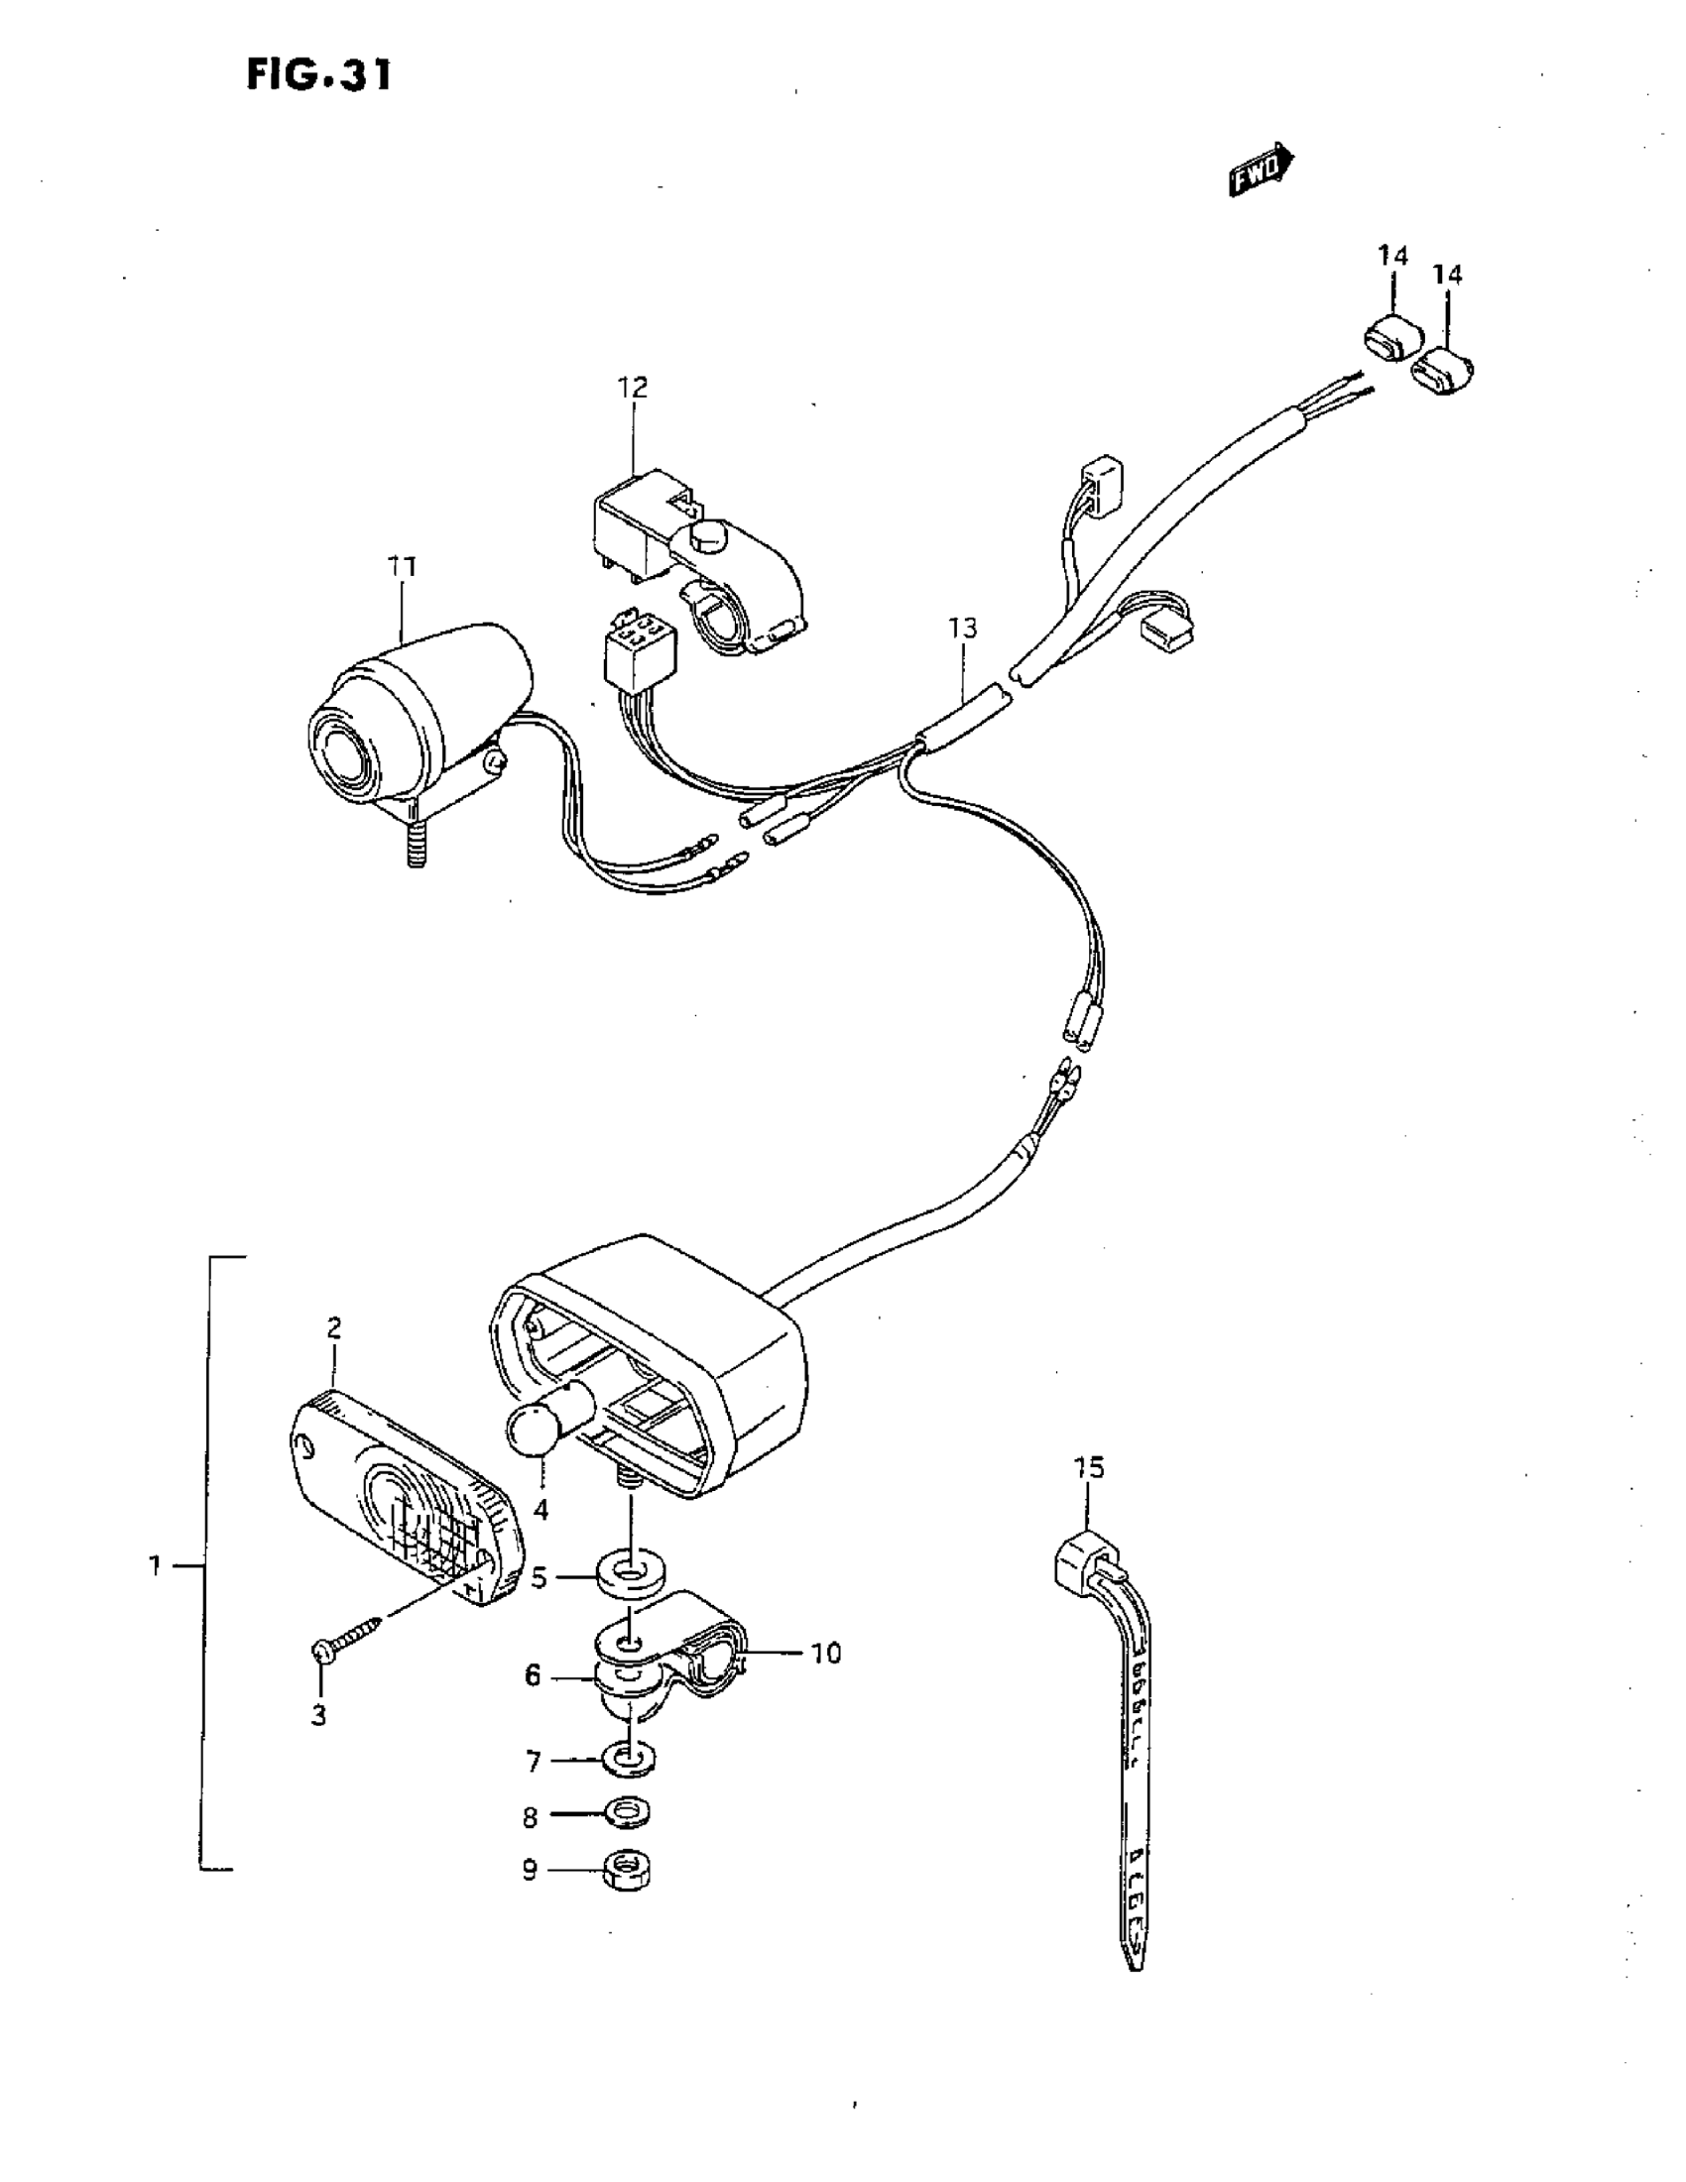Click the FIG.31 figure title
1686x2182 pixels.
click(318, 75)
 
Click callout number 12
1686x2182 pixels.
click(633, 387)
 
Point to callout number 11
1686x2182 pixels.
click(402, 566)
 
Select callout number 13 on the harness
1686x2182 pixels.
click(962, 629)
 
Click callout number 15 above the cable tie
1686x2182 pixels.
click(1089, 1467)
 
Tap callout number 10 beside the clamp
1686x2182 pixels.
click(825, 1654)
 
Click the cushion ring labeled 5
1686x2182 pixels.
click(628, 1579)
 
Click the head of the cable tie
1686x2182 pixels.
click(1082, 1557)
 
